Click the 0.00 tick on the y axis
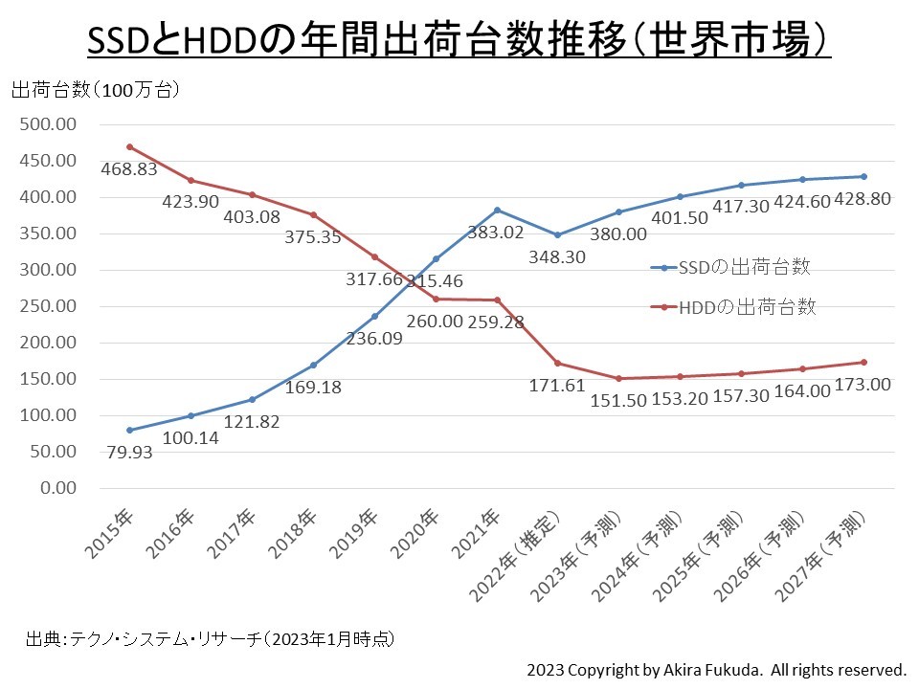point(56,488)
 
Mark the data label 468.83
point(129,169)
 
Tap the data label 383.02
point(495,231)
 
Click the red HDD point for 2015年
point(129,147)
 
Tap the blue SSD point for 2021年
point(497,210)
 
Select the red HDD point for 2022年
point(558,363)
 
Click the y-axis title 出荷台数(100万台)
point(96,91)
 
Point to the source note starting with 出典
point(210,637)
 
